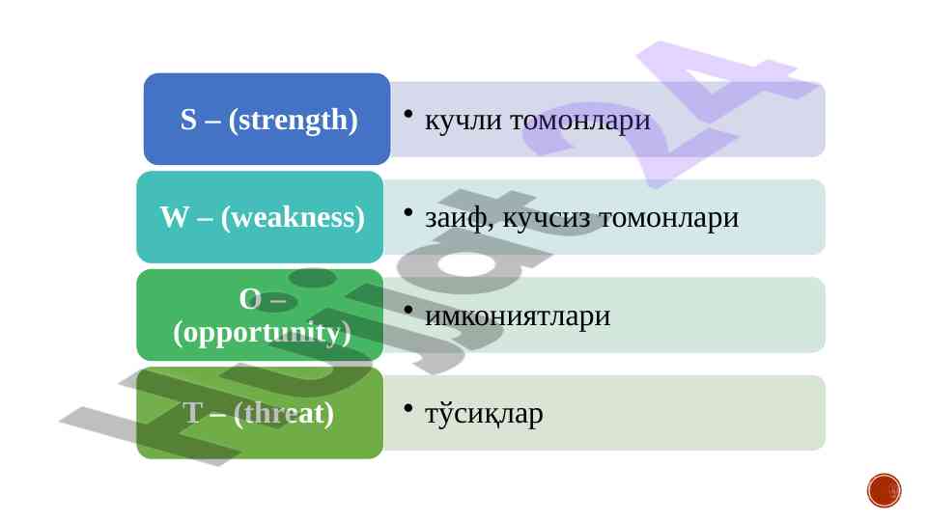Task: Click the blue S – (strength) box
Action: pyautogui.click(x=267, y=119)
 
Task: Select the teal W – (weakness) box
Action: pyautogui.click(x=260, y=217)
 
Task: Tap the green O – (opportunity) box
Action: pyautogui.click(x=260, y=315)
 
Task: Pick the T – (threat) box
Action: pyautogui.click(x=260, y=413)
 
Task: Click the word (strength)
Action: pyautogui.click(x=293, y=120)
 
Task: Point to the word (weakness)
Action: pyautogui.click(x=293, y=218)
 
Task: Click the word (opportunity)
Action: pyautogui.click(x=262, y=333)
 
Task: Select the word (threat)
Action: pyautogui.click(x=284, y=413)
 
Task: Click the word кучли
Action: pyautogui.click(x=464, y=121)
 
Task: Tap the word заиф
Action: pyautogui.click(x=460, y=218)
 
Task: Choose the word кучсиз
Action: pyautogui.click(x=547, y=219)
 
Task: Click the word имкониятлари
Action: pyautogui.click(x=518, y=315)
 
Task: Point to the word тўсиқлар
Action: pyautogui.click(x=484, y=414)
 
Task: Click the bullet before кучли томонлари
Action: pyautogui.click(x=408, y=114)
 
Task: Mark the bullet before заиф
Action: pyautogui.click(x=408, y=211)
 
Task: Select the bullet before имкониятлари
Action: pyautogui.click(x=408, y=310)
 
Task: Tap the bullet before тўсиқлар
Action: pyautogui.click(x=408, y=407)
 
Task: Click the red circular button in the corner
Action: pyautogui.click(x=885, y=490)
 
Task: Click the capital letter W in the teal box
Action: pyautogui.click(x=175, y=217)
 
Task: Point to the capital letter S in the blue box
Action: pyautogui.click(x=188, y=120)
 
